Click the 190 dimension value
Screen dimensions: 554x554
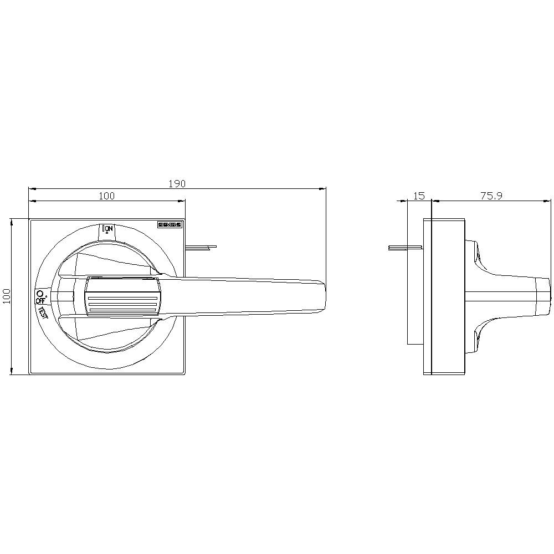click(x=177, y=183)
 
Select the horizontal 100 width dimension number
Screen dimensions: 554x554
click(x=106, y=196)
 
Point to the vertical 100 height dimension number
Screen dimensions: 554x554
click(x=6, y=296)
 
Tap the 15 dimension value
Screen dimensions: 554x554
click(x=419, y=196)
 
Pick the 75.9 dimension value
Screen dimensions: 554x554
click(x=491, y=196)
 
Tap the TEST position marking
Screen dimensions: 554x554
click(x=42, y=312)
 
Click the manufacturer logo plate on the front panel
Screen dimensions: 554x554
click(x=170, y=225)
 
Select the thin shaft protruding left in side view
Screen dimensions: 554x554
click(x=404, y=247)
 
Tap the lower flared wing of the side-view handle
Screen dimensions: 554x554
click(x=476, y=338)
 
